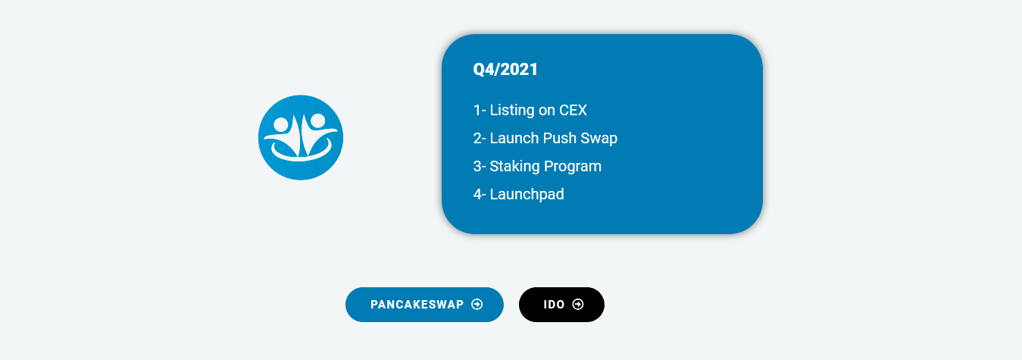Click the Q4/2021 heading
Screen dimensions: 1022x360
click(x=505, y=70)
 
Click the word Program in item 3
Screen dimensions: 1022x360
click(x=573, y=167)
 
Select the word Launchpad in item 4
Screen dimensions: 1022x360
click(x=527, y=195)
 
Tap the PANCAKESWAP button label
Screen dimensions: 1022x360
click(x=417, y=305)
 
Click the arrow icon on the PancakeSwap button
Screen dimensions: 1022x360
click(x=477, y=305)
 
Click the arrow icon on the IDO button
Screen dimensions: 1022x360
click(x=577, y=305)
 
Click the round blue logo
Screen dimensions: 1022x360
click(x=301, y=137)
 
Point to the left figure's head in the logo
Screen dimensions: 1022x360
click(x=281, y=124)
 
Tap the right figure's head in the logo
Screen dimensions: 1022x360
click(x=317, y=121)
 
